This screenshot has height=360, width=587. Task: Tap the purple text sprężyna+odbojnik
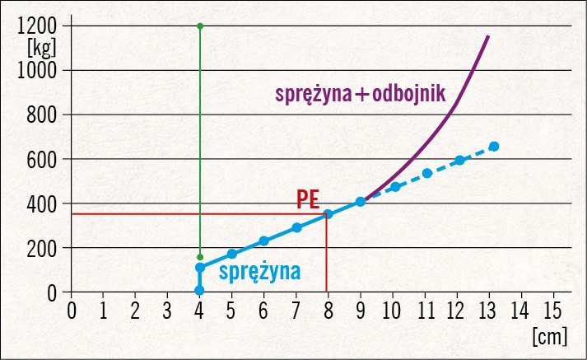click(x=359, y=94)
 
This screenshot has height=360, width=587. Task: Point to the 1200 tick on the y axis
click(x=37, y=26)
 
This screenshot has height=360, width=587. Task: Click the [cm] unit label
click(x=548, y=336)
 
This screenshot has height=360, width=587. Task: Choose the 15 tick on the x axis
click(x=552, y=311)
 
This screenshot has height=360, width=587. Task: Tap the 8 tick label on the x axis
click(x=328, y=311)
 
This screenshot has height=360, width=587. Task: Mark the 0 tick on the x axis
click(x=72, y=311)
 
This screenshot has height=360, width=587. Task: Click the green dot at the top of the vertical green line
click(x=200, y=26)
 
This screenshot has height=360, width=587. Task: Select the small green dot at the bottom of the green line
click(x=200, y=257)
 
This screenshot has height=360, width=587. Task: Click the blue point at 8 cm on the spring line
click(x=328, y=214)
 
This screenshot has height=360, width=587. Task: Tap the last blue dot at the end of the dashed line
click(x=494, y=147)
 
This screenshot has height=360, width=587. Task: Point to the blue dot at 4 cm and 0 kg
click(x=200, y=290)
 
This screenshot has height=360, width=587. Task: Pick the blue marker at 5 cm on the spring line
click(x=232, y=254)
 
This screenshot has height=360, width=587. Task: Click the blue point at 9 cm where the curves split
click(x=361, y=202)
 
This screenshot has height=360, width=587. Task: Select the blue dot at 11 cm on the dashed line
click(x=427, y=174)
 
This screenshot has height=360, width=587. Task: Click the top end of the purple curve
click(x=488, y=36)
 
